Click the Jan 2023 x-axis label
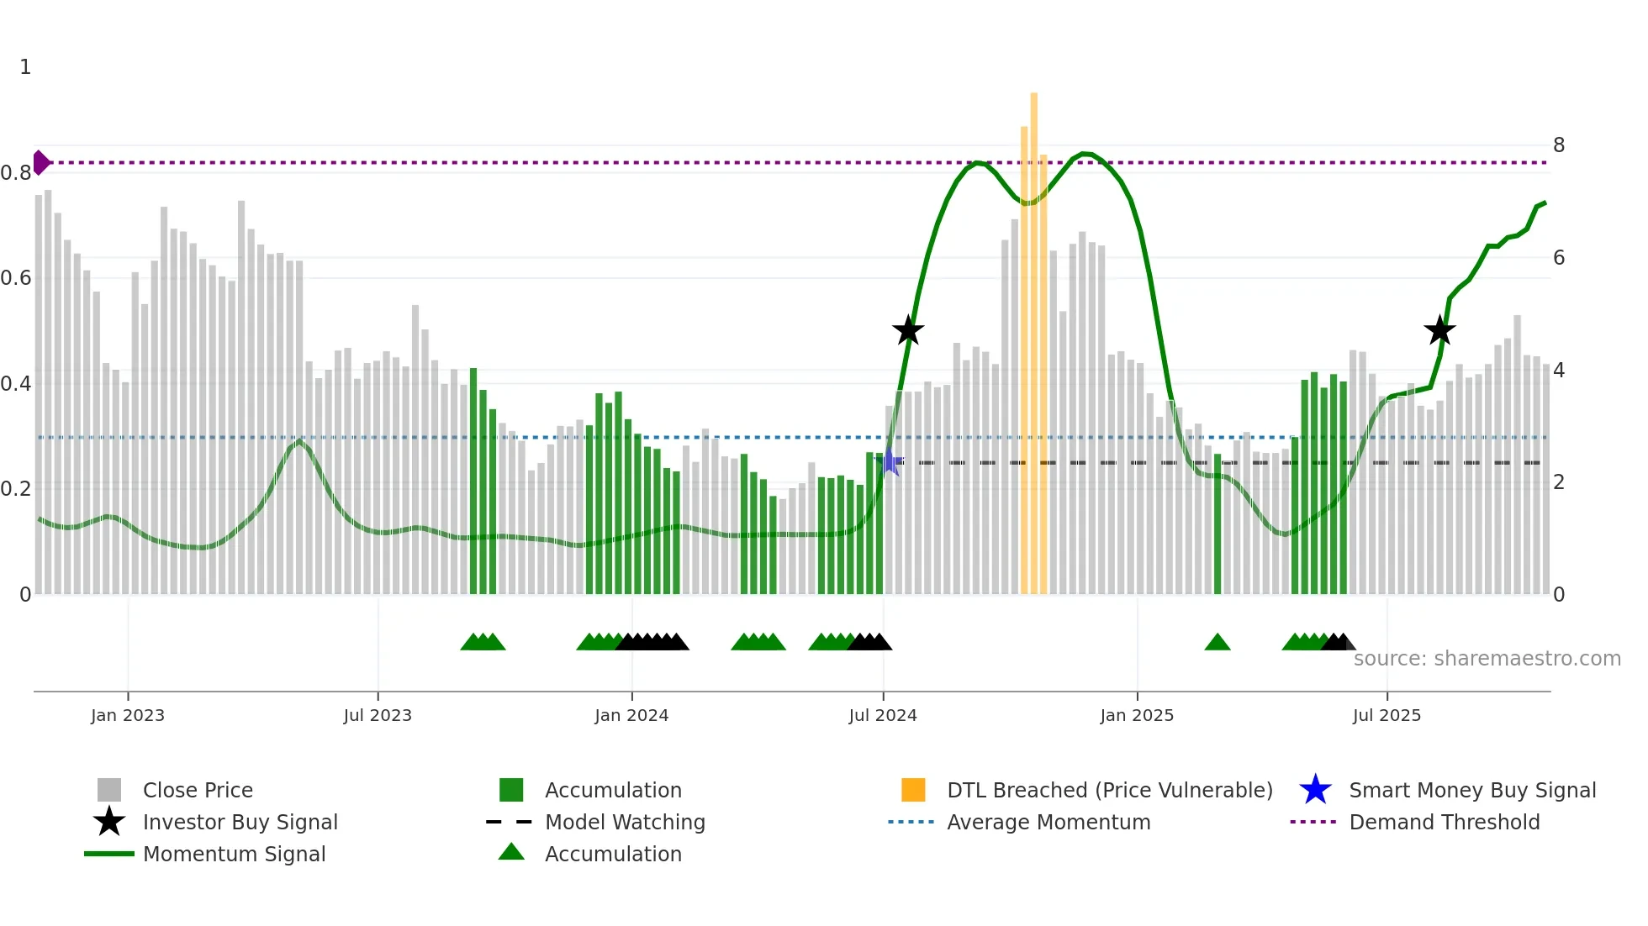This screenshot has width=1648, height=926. [x=128, y=715]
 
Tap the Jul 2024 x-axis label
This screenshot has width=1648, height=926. [x=883, y=715]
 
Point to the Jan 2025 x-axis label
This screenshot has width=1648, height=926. [x=1137, y=715]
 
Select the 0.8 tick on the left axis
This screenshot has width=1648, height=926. [x=16, y=173]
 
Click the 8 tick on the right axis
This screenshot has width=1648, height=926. [x=1559, y=145]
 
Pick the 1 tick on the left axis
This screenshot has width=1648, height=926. [x=25, y=67]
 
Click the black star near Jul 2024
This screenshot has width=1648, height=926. [x=908, y=330]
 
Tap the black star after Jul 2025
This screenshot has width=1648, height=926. [x=1439, y=330]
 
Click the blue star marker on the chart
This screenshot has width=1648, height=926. [x=890, y=461]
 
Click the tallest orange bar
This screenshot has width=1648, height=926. [x=1033, y=336]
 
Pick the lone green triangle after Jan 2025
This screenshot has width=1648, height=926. [x=1218, y=643]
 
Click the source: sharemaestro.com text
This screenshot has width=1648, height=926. [x=1487, y=659]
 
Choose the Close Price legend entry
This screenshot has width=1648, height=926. [x=198, y=790]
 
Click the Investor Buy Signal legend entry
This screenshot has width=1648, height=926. [x=240, y=822]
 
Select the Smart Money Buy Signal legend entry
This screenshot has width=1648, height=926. [x=1471, y=790]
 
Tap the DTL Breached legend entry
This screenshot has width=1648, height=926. [x=1109, y=790]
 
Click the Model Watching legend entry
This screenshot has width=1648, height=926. [x=625, y=822]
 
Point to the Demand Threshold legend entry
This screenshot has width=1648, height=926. [x=1444, y=822]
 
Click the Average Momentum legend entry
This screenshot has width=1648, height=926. [x=1048, y=822]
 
